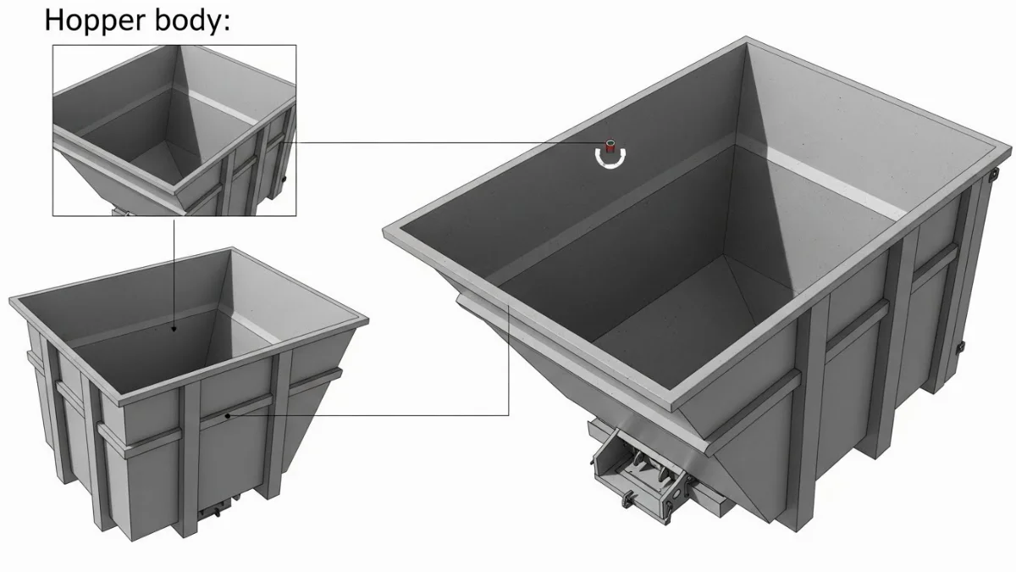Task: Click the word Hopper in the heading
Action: (x=93, y=19)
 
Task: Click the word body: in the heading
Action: (x=190, y=19)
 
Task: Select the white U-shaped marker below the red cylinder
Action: (x=609, y=158)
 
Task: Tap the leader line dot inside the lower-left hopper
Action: (x=174, y=329)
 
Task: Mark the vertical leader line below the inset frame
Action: (x=174, y=271)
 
